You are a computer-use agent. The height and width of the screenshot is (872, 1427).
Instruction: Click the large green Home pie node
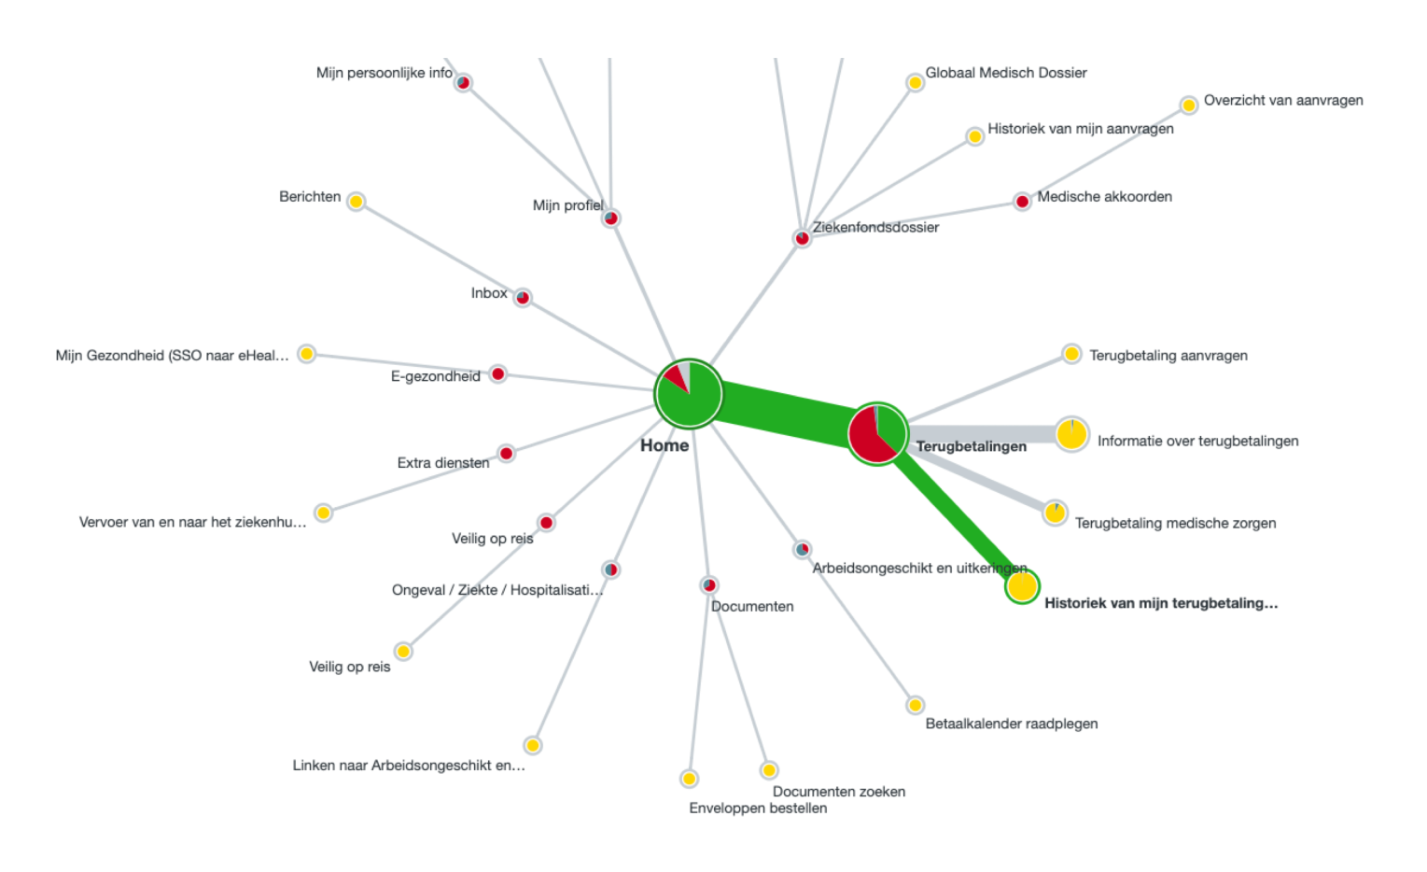click(689, 394)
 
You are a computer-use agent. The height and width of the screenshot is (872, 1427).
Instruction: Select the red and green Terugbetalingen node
click(877, 434)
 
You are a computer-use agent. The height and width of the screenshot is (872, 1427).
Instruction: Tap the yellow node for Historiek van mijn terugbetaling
click(1022, 586)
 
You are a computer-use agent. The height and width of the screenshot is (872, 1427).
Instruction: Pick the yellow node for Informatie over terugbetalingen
click(1071, 434)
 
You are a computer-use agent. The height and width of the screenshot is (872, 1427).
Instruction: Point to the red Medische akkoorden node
click(1022, 202)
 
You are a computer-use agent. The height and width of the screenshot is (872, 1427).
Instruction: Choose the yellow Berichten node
click(356, 202)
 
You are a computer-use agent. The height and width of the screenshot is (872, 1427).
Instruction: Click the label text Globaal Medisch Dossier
click(1005, 73)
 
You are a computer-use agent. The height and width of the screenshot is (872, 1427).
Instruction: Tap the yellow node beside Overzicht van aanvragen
click(1188, 105)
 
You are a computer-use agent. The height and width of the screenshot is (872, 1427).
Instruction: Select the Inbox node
click(523, 298)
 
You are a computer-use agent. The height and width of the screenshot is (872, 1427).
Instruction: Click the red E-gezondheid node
click(498, 374)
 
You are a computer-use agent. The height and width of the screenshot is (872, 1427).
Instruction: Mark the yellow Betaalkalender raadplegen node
click(915, 705)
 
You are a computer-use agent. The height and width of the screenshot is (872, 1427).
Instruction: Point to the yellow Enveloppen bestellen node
click(689, 779)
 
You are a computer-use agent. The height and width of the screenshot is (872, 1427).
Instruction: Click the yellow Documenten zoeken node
click(768, 770)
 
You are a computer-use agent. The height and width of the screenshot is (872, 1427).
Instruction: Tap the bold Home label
click(665, 445)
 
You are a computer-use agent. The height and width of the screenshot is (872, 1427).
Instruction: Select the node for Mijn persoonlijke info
click(463, 83)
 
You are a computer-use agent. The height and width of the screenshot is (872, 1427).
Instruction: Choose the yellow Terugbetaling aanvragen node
click(1071, 354)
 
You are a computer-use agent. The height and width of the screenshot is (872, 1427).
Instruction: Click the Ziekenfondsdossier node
click(802, 238)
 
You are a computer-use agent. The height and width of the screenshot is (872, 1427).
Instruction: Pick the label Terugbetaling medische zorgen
click(1175, 523)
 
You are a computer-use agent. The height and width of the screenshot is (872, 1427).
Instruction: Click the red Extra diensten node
click(506, 454)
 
